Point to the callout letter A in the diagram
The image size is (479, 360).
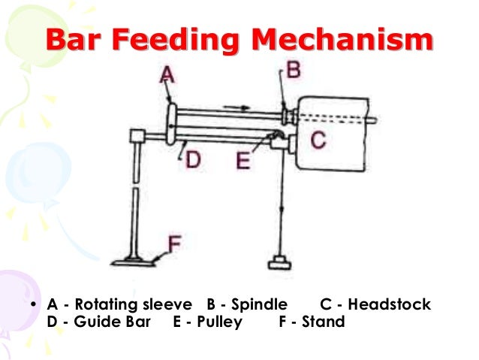pyautogui.click(x=167, y=75)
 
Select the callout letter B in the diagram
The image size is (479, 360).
pyautogui.click(x=294, y=71)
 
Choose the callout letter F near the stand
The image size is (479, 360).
pyautogui.click(x=173, y=243)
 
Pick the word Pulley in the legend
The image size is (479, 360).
pyautogui.click(x=221, y=322)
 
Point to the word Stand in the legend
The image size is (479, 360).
pyautogui.click(x=324, y=322)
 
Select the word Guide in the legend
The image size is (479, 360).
pyautogui.click(x=93, y=322)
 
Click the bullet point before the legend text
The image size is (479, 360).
pyautogui.click(x=35, y=305)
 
